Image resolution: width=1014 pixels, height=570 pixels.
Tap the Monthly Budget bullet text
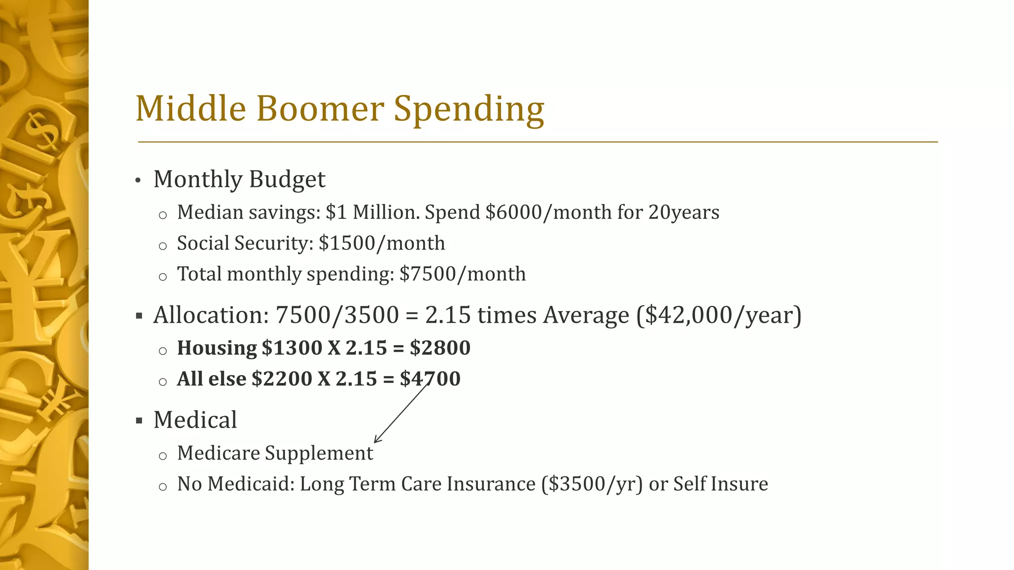(239, 180)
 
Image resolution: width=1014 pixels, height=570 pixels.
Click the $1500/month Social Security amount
(382, 243)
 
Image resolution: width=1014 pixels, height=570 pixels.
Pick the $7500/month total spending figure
(462, 274)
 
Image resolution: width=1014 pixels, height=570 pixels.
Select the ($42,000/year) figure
(719, 316)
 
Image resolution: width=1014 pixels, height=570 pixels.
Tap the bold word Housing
(217, 348)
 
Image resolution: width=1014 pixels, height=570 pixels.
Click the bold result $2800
(440, 348)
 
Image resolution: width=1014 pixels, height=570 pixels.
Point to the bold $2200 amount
(282, 379)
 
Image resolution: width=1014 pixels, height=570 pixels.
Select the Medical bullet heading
(195, 420)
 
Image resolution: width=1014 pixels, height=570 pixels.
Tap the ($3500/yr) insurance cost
(592, 484)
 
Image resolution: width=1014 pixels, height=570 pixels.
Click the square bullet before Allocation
(139, 316)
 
